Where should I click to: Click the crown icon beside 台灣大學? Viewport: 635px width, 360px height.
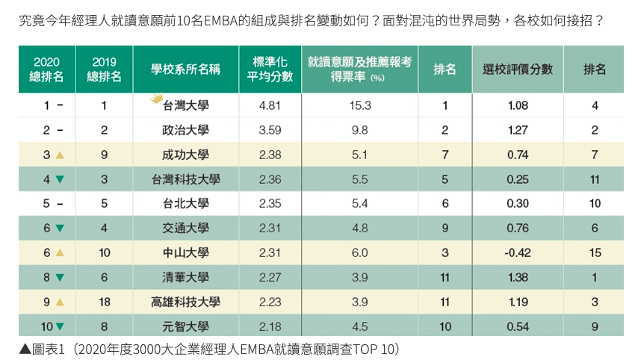(156, 98)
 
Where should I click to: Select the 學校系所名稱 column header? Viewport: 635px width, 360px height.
(185, 69)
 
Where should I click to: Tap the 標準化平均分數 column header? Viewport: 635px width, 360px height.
(270, 69)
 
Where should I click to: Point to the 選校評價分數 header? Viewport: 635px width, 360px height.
(518, 69)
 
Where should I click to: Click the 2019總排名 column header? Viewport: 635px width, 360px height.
(105, 69)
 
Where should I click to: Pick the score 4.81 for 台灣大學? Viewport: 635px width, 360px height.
(270, 106)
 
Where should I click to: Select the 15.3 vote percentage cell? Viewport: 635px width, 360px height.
(360, 106)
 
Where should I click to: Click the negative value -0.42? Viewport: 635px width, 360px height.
(518, 252)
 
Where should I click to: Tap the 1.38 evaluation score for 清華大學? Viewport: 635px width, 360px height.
(518, 277)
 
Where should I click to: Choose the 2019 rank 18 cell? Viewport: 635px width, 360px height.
(105, 302)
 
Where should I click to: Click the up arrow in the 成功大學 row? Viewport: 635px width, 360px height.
(60, 155)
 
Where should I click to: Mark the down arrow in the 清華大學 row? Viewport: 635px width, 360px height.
(60, 278)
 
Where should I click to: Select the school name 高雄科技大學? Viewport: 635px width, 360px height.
(185, 302)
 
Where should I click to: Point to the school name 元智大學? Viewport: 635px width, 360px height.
(185, 326)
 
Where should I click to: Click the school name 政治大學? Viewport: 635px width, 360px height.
(185, 131)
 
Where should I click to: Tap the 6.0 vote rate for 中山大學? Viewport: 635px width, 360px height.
(360, 252)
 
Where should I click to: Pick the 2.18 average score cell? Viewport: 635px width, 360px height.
(270, 326)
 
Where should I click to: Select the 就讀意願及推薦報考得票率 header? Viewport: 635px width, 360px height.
(360, 69)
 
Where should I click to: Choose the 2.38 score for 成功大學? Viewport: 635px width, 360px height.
(270, 155)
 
